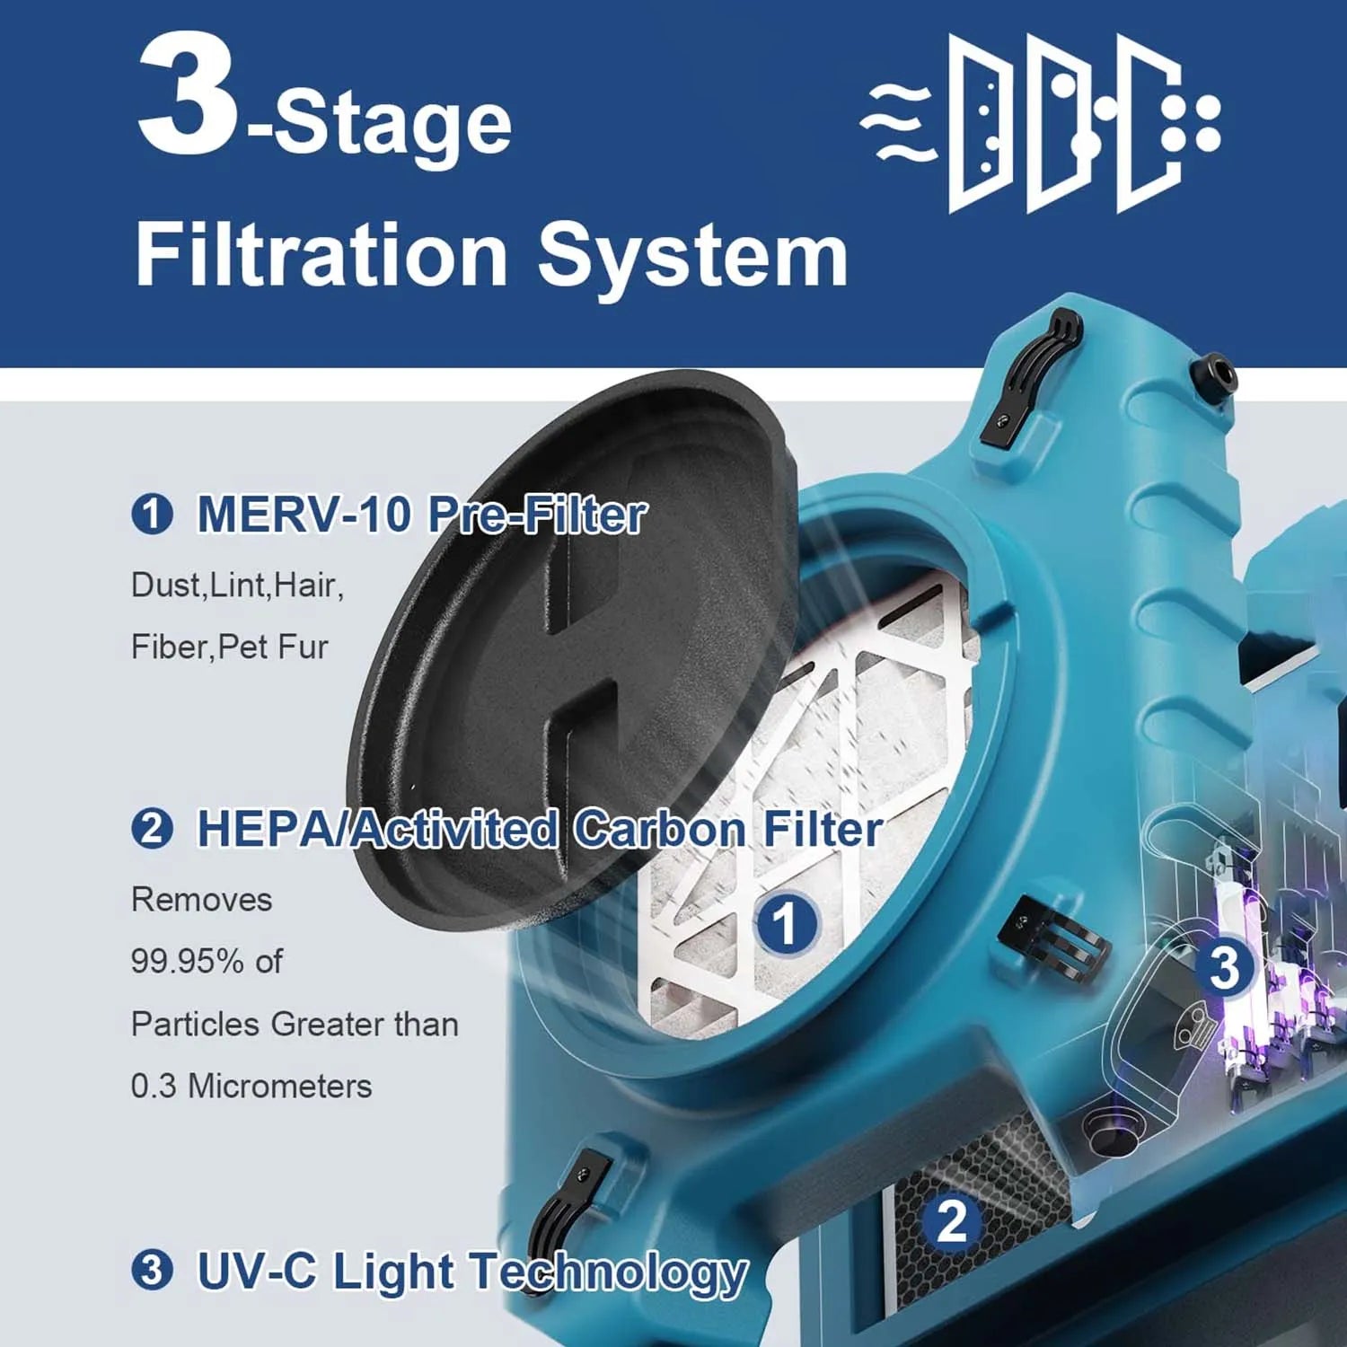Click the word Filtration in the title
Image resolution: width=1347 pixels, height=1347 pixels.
coord(321,255)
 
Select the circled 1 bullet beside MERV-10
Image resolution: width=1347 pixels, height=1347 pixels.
coord(151,515)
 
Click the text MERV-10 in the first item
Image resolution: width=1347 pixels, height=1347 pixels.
coord(304,515)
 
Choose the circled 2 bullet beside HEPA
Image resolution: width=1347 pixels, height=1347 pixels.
coord(151,828)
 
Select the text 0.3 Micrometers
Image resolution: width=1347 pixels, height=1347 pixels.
coord(251,1086)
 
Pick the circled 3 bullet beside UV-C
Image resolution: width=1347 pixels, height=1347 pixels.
coord(151,1271)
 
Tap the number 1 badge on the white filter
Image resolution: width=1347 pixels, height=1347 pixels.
coord(785,923)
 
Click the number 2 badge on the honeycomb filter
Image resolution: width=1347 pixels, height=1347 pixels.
coord(952,1221)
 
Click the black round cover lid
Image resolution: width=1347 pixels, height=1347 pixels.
coord(566,647)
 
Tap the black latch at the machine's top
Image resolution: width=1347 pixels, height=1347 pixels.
coord(1033,377)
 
